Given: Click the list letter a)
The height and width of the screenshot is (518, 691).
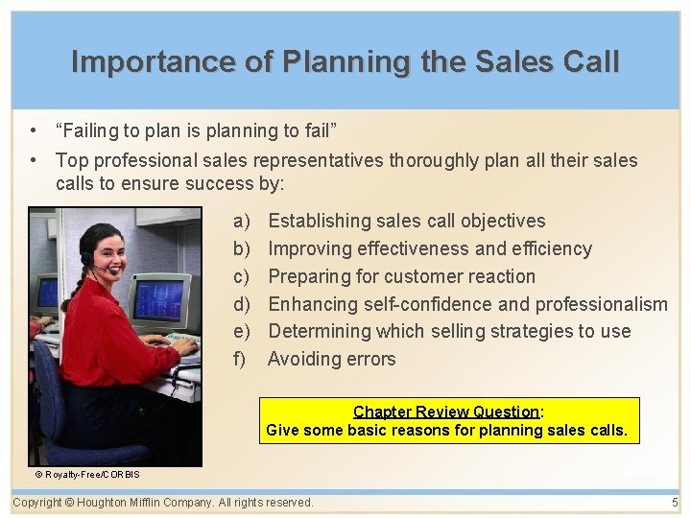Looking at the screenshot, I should click(x=241, y=222).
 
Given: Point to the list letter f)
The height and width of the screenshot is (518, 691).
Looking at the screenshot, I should click(x=240, y=360).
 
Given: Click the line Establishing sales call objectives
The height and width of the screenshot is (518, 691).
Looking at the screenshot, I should click(x=406, y=222).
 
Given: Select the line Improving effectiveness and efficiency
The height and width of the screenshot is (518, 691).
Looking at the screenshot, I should click(x=429, y=249).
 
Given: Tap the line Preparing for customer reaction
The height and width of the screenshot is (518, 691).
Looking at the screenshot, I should click(x=401, y=277).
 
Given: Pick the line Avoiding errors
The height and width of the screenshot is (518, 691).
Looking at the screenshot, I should click(x=331, y=360).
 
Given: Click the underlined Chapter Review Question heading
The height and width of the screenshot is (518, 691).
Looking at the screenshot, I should click(x=446, y=412).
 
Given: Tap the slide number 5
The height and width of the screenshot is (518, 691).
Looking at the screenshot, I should click(x=675, y=503).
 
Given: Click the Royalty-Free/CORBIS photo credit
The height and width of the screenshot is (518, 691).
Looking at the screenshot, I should click(x=87, y=475).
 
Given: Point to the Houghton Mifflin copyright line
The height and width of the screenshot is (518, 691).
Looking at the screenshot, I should click(x=163, y=503).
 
